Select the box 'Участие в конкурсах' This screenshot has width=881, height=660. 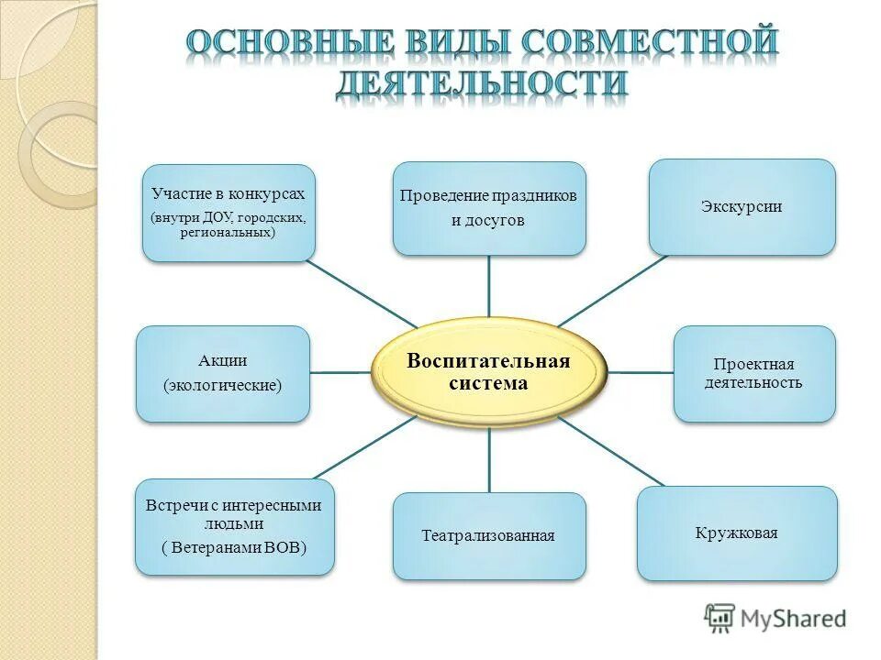pos(229,213)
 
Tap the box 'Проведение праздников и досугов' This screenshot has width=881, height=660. pos(489,208)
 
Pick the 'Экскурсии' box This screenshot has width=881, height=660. pos(742,206)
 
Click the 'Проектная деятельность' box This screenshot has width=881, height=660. pos(754,373)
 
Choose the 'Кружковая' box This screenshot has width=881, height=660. pos(737,533)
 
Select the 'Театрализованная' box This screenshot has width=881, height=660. pos(489,535)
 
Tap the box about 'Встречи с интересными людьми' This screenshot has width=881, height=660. pos(234,526)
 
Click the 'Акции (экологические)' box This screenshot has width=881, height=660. pos(223,373)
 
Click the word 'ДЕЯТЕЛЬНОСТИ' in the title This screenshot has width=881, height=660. pos(482,85)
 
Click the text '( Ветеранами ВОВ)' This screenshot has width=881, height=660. pos(234,547)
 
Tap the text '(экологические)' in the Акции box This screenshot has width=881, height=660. pos(223,385)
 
